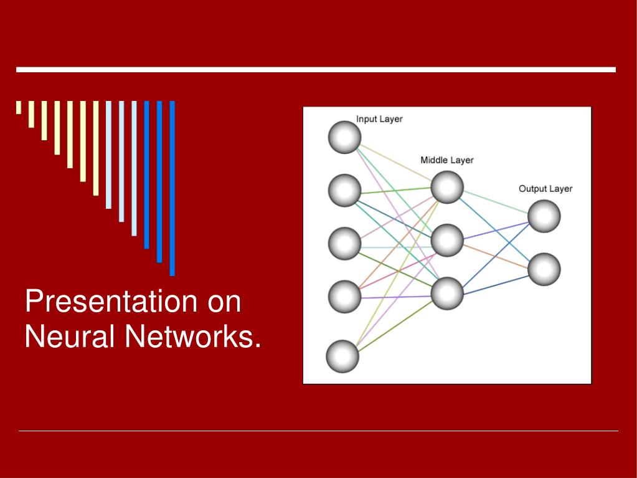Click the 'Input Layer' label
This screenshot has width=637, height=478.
379,119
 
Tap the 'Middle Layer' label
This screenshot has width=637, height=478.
446,160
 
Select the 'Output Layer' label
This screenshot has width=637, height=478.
545,189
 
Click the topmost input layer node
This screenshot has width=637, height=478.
344,137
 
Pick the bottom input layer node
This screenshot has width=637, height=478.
342,356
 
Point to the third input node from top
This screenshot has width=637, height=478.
344,244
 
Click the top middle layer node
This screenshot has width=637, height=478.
447,187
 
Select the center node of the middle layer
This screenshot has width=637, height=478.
447,241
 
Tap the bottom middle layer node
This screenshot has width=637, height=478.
447,293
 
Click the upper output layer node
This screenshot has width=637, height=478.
544,216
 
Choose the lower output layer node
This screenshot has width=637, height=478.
544,269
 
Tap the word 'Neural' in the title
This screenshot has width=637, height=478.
69,337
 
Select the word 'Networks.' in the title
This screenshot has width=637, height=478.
192,337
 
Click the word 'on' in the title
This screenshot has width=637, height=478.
224,302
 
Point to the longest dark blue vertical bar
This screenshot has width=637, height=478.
172,188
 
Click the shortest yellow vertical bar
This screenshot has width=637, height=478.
19,107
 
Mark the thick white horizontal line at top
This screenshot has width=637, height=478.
316,70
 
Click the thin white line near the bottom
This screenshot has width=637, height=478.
318,431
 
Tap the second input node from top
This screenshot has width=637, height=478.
344,190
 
